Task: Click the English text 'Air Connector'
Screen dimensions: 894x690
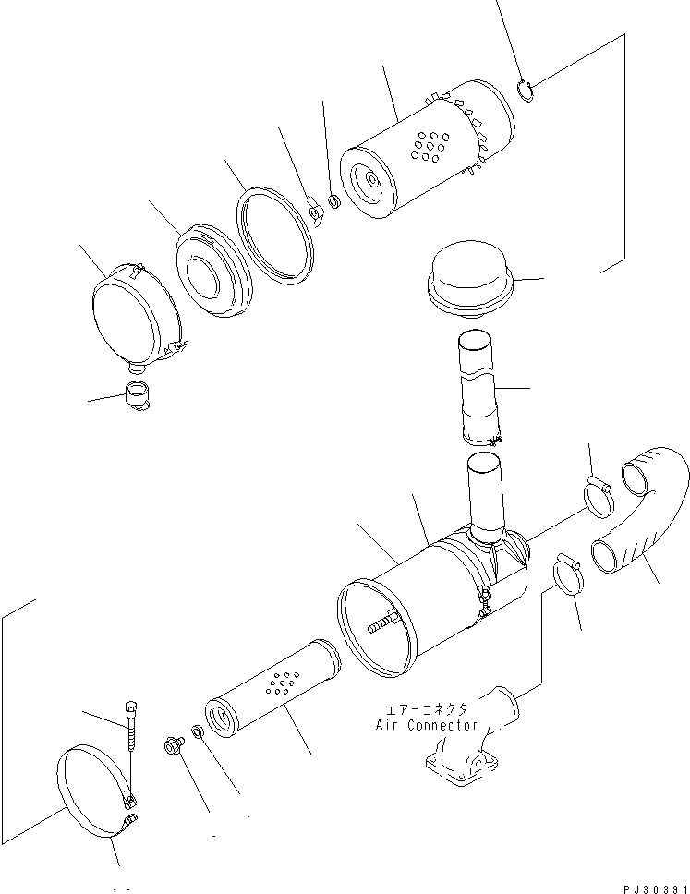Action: click(427, 726)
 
